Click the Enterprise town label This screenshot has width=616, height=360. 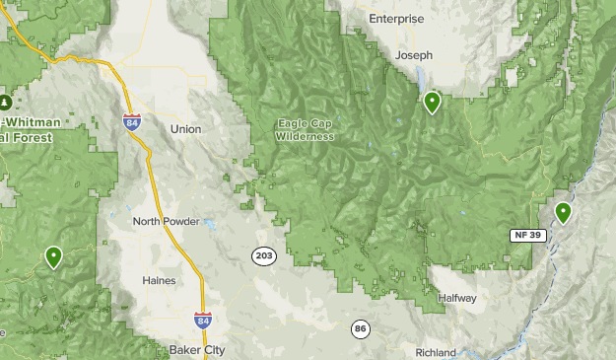tap(395, 19)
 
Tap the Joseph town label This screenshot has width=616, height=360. tap(414, 56)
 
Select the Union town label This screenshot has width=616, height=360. tap(185, 129)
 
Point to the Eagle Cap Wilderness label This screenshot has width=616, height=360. tap(306, 129)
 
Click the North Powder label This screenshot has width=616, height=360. tap(166, 222)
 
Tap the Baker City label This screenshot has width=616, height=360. tap(196, 350)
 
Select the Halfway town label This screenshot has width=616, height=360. tap(457, 298)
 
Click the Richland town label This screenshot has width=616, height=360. tap(436, 352)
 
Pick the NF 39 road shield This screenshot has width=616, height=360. tap(527, 234)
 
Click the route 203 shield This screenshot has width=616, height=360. tap(263, 255)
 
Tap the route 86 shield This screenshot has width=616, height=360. tap(362, 327)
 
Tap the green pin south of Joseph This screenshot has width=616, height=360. tap(432, 102)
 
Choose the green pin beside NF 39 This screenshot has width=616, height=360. tap(563, 212)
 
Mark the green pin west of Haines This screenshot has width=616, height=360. tap(53, 256)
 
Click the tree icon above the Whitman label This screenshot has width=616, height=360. tap(6, 102)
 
